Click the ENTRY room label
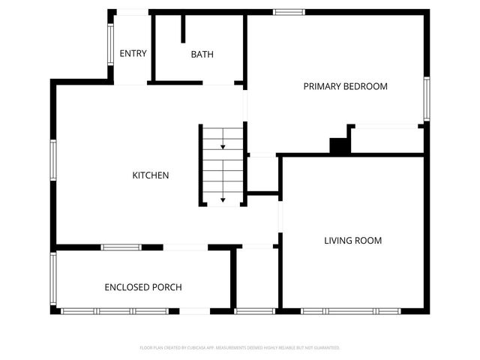click(133, 53)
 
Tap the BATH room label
click(202, 54)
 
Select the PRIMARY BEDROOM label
click(345, 86)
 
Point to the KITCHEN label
click(151, 175)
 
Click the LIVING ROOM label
click(352, 241)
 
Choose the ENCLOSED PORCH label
click(142, 287)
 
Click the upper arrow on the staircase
click(223, 147)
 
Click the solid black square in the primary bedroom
click(340, 146)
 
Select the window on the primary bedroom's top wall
click(289, 12)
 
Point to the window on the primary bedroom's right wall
click(426, 98)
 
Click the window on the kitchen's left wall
click(53, 159)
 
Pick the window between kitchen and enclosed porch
click(121, 247)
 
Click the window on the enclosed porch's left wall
click(53, 277)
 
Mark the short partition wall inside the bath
click(183, 28)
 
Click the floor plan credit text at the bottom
click(240, 348)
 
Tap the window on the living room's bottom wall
click(351, 310)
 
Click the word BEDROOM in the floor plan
click(365, 86)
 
